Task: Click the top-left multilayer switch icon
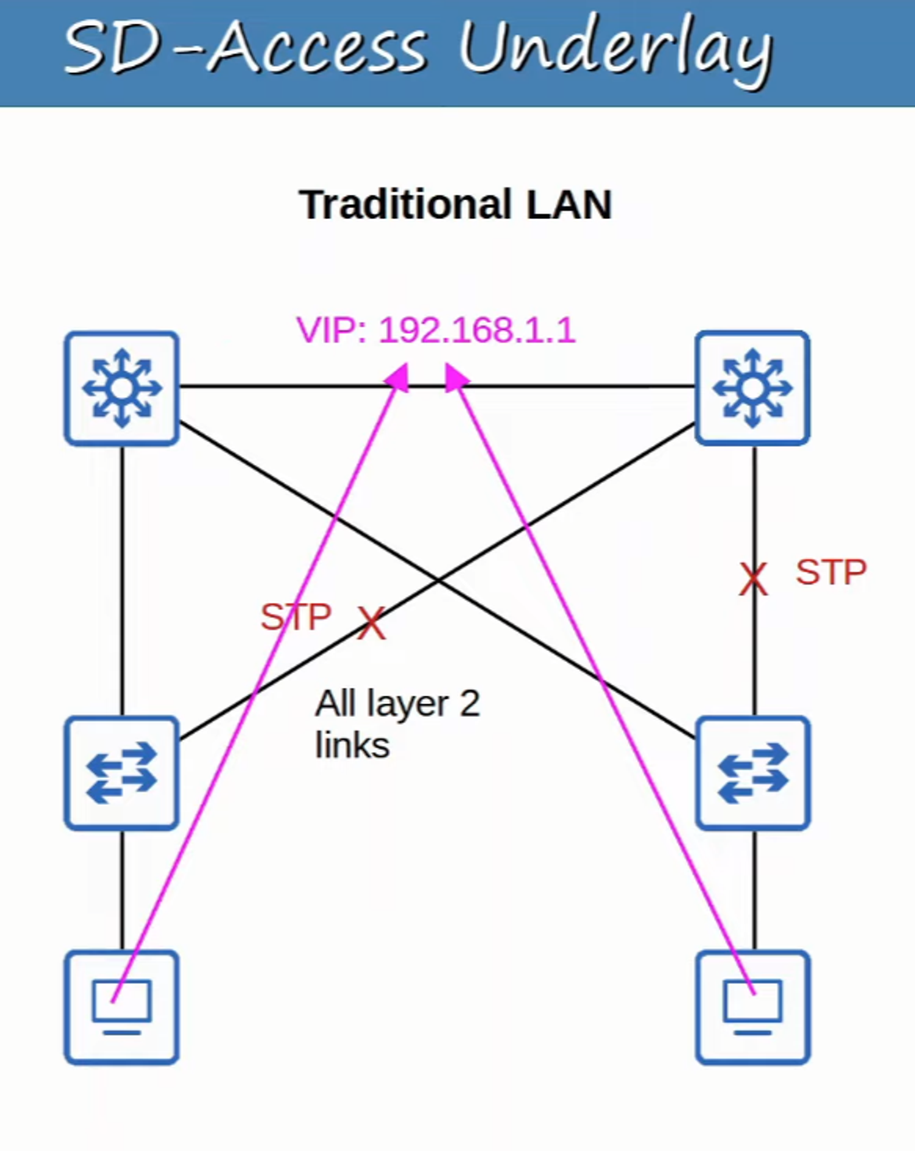122,388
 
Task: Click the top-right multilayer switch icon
752,388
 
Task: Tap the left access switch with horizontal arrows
122,773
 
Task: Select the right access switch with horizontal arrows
752,773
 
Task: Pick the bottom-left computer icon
122,1007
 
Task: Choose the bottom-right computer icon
752,1007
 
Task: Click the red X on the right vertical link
753,580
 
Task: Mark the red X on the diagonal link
371,624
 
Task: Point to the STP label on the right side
831,573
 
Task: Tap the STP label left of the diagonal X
296,617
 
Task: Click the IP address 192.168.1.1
477,330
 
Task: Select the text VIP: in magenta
332,330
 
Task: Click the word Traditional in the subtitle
406,205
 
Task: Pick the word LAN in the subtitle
569,205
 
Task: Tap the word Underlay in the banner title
615,49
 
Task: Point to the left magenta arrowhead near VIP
398,377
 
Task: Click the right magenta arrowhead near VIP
455,377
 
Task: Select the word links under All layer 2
352,745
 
